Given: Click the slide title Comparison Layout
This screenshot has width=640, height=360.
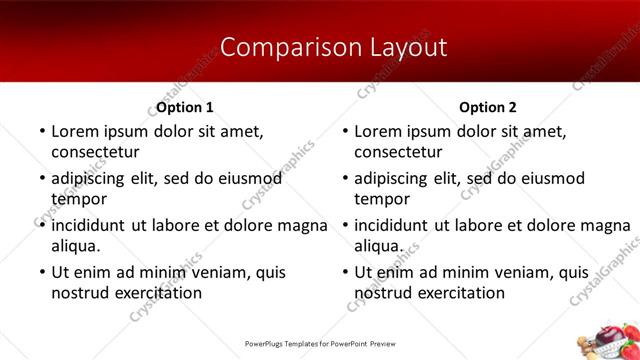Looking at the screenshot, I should point(319,47).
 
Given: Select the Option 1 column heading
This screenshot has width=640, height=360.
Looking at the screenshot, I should point(185,107).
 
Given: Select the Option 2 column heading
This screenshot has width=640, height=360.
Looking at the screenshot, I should point(489,107).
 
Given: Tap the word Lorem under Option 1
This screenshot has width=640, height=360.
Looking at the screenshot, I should point(75,131).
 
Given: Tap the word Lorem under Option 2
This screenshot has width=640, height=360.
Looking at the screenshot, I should point(379,131).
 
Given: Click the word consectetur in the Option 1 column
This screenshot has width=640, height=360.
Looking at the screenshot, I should point(95,152).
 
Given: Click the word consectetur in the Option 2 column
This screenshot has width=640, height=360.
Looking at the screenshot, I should point(399,152).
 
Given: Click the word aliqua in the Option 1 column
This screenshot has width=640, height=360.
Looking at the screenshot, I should point(75,246).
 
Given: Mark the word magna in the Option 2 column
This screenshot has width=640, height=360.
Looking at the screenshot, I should point(606,225).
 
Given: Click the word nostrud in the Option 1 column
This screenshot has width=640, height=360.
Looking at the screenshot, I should point(79,293).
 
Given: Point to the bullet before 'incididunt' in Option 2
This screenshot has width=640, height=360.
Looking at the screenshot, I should point(343,225).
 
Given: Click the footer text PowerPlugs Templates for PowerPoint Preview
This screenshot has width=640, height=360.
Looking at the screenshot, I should point(319,343).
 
